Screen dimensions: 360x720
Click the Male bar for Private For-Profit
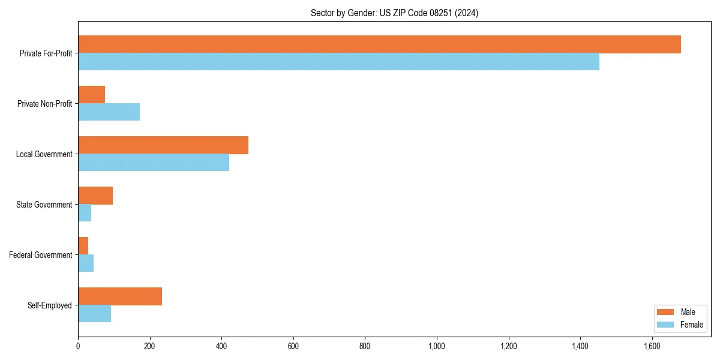click(379, 44)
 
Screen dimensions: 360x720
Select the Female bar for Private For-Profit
click(338, 62)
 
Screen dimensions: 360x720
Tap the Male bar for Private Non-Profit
click(91, 95)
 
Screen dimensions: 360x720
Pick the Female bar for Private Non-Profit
click(109, 112)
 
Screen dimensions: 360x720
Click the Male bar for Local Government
click(163, 145)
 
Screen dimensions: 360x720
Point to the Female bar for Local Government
click(154, 163)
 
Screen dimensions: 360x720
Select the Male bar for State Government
click(95, 196)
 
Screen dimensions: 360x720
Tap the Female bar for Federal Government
click(86, 263)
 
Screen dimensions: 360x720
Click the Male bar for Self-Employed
click(120, 296)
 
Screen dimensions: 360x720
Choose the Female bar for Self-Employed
click(94, 314)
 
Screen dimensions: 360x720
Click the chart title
click(394, 13)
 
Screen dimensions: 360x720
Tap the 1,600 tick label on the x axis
click(652, 346)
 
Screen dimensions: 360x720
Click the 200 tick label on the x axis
click(150, 346)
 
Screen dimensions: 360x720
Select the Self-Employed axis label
click(49, 305)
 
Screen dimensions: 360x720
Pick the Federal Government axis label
click(41, 255)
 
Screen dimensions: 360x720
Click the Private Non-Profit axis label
click(44, 104)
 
